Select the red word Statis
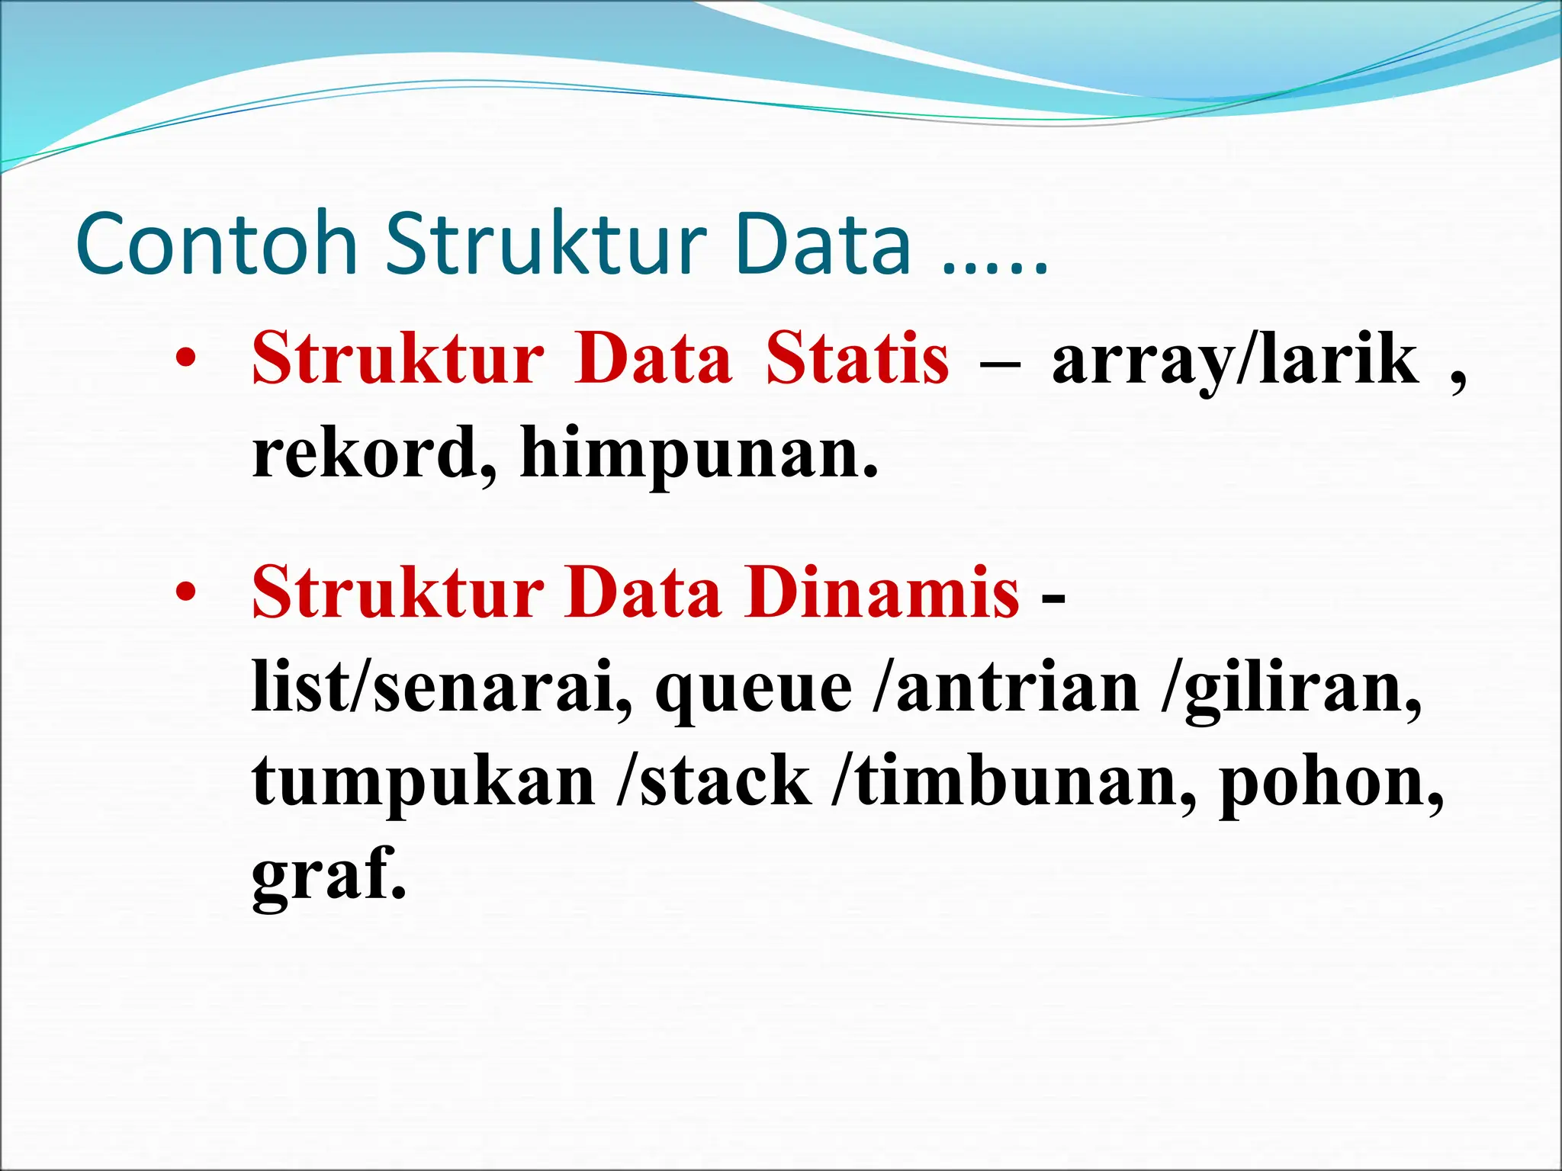pos(858,358)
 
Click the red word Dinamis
pos(882,593)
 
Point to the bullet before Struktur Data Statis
pos(185,358)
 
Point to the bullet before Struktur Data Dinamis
pos(185,593)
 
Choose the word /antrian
pos(1007,687)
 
